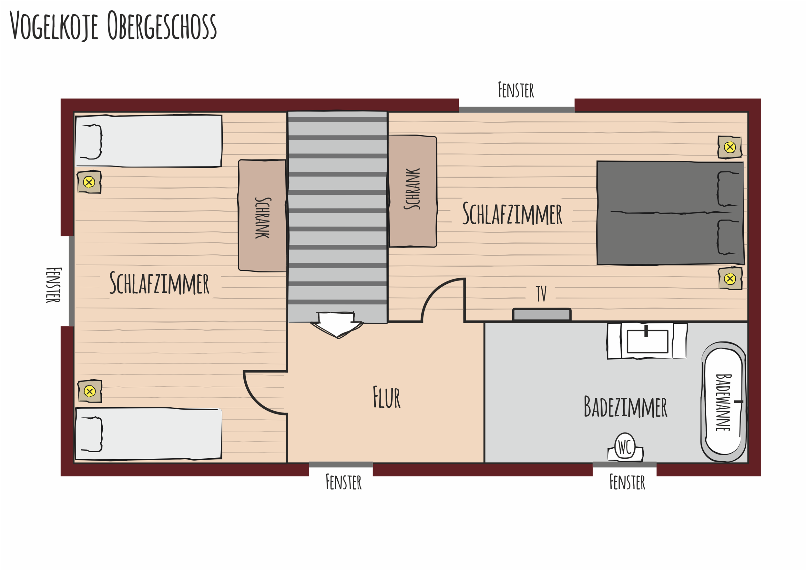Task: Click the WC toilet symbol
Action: pyautogui.click(x=626, y=448)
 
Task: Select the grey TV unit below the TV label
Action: pyautogui.click(x=542, y=314)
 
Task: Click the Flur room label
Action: pyautogui.click(x=386, y=397)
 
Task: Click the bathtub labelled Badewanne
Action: pyautogui.click(x=724, y=402)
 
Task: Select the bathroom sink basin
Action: pyautogui.click(x=647, y=341)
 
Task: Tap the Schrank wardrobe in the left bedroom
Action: pyautogui.click(x=262, y=216)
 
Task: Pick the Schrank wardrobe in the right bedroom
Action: pyautogui.click(x=413, y=192)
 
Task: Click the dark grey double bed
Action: pyautogui.click(x=670, y=213)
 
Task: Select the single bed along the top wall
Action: pyautogui.click(x=148, y=141)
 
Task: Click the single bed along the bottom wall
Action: pyautogui.click(x=148, y=434)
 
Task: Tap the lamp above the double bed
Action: pyautogui.click(x=730, y=147)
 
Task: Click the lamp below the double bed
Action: pyautogui.click(x=730, y=279)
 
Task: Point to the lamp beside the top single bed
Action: pyautogui.click(x=89, y=182)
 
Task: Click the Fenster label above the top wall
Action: pyautogui.click(x=516, y=90)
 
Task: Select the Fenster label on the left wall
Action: pyautogui.click(x=54, y=285)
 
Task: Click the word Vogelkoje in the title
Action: pyautogui.click(x=54, y=26)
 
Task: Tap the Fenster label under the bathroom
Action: pyautogui.click(x=627, y=482)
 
